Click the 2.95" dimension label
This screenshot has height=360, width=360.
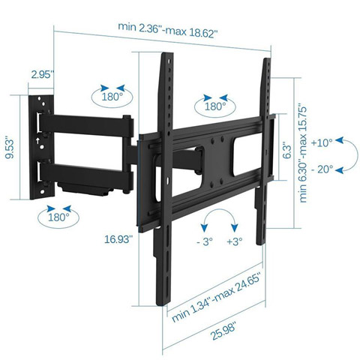[42, 74]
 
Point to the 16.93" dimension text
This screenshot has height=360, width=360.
[118, 239]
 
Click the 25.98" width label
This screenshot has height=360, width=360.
[224, 331]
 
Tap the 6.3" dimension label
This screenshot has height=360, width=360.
[287, 150]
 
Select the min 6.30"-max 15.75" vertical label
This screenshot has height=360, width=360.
[303, 155]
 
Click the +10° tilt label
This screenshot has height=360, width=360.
[322, 142]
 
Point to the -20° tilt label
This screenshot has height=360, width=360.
[322, 169]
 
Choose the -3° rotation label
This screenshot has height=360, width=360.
[205, 241]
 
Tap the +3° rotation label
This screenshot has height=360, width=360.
[235, 241]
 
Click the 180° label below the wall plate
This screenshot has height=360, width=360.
[58, 217]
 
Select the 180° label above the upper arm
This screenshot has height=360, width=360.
[112, 97]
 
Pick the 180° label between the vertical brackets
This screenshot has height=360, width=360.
[215, 106]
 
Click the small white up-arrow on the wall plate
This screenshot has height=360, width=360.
[37, 140]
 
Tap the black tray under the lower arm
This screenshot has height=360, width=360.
[84, 188]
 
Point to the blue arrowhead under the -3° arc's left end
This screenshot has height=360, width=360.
[205, 228]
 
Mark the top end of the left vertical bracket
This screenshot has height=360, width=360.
[167, 53]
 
